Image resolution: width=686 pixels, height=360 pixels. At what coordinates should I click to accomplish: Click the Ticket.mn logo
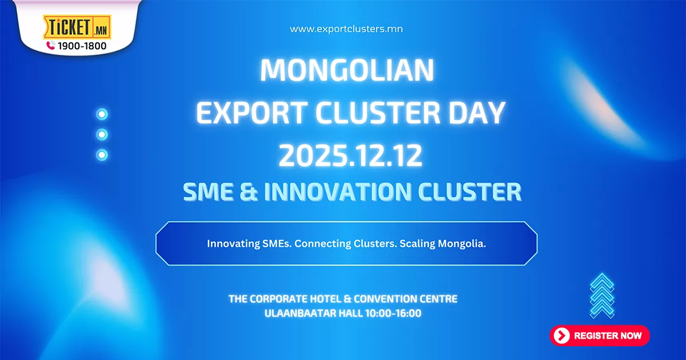coord(77,27)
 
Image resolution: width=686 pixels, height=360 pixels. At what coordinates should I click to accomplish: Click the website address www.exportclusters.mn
coord(346,29)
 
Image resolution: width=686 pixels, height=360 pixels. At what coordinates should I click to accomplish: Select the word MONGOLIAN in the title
coord(348,70)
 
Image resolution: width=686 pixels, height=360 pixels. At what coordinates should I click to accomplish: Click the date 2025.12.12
coord(350,156)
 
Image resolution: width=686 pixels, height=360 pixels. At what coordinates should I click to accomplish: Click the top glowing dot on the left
coord(102,114)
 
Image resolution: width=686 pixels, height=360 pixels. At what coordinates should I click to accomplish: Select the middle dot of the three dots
coord(102,134)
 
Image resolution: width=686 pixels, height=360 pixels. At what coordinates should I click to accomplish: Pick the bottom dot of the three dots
coord(102,154)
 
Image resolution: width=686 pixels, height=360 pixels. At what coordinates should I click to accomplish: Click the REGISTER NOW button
coord(600,335)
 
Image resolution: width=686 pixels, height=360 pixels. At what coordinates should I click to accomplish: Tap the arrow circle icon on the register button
coord(562,335)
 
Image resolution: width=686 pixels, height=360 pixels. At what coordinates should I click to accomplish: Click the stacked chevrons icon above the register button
coord(602,295)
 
